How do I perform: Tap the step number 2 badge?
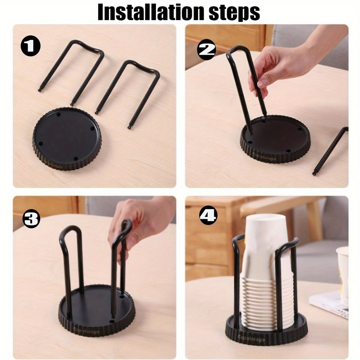[207, 50]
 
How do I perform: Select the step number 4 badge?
[208, 216]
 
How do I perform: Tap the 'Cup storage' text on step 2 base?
[264, 157]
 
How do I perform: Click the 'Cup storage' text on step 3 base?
[86, 330]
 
